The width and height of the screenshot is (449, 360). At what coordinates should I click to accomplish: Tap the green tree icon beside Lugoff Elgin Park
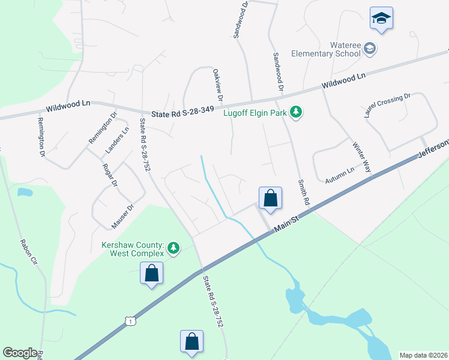(x=296, y=112)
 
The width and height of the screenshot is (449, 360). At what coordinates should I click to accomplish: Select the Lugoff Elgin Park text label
(x=255, y=112)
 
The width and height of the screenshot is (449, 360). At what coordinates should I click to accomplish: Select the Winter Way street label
(x=362, y=158)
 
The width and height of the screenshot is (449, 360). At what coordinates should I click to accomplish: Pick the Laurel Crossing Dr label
(x=387, y=106)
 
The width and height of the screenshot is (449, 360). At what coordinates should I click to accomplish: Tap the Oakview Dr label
(x=218, y=84)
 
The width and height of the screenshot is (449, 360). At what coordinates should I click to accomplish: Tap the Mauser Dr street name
(x=122, y=217)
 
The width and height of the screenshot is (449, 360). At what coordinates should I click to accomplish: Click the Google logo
(x=20, y=353)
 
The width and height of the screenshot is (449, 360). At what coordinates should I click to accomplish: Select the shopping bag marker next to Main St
(x=270, y=199)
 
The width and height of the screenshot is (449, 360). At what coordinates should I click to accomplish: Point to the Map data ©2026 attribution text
(x=423, y=355)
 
